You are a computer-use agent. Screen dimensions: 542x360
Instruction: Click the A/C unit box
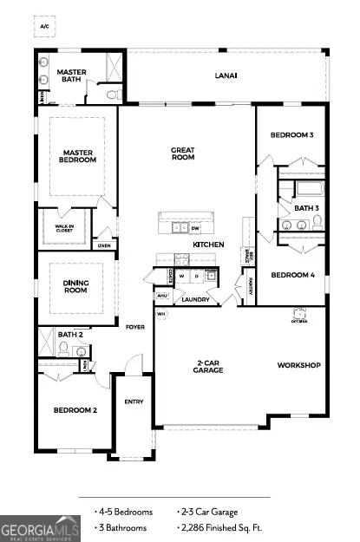pyautogui.click(x=44, y=27)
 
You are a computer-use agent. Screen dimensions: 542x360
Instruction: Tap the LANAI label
pyautogui.click(x=226, y=75)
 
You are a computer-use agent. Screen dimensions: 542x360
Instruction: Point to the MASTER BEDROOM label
pyautogui.click(x=77, y=155)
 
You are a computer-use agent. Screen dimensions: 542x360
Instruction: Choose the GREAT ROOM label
pyautogui.click(x=182, y=154)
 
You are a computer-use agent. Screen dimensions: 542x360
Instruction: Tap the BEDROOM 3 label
pyautogui.click(x=291, y=135)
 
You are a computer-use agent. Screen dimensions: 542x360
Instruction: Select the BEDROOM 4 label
pyautogui.click(x=291, y=275)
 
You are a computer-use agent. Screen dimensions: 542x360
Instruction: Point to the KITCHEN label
pyautogui.click(x=208, y=245)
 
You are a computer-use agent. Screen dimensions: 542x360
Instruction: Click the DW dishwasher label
pyautogui.click(x=196, y=228)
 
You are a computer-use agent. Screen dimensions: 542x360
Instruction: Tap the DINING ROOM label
pyautogui.click(x=75, y=287)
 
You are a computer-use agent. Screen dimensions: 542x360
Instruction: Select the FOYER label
pyautogui.click(x=134, y=327)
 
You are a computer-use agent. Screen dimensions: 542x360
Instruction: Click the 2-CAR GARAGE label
pyautogui.click(x=208, y=366)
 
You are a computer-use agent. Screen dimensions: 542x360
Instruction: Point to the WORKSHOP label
pyautogui.click(x=298, y=365)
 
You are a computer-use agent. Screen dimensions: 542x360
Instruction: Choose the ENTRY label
pyautogui.click(x=134, y=402)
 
